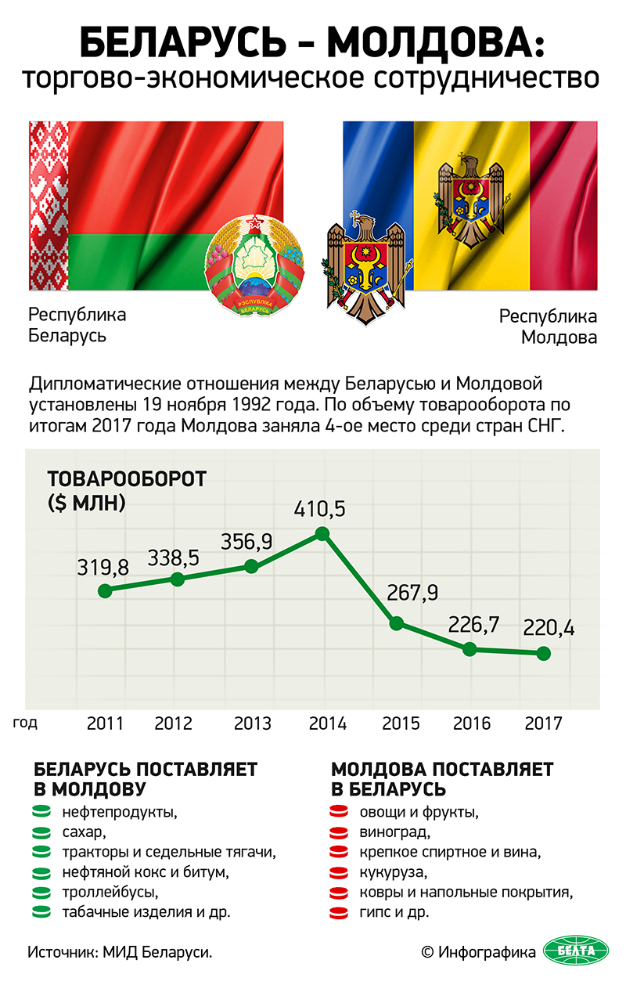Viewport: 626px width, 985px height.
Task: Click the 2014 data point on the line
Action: click(322, 534)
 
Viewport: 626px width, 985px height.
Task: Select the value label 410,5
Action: click(319, 509)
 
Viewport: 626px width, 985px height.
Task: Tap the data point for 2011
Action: click(105, 590)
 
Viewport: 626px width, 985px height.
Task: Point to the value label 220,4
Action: click(548, 627)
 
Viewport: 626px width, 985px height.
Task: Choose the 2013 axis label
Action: click(252, 723)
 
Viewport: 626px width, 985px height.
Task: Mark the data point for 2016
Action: click(469, 648)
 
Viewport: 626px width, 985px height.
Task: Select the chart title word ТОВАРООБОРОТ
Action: click(126, 479)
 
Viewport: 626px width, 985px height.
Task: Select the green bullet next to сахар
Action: click(41, 832)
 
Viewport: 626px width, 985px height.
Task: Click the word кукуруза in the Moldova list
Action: click(393, 871)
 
